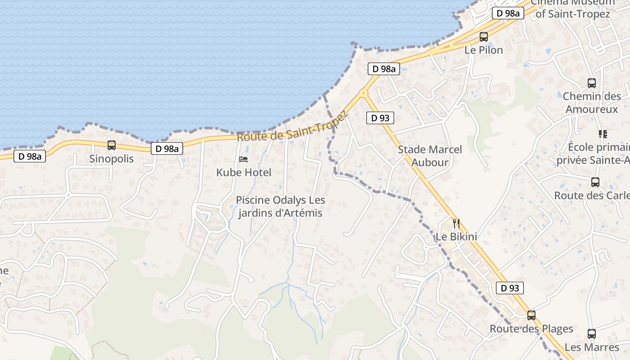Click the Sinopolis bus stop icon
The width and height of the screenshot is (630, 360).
[111, 145]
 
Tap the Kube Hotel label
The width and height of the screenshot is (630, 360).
[243, 172]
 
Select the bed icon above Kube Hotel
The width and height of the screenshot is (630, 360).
[243, 159]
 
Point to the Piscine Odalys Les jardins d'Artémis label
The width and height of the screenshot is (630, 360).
[280, 207]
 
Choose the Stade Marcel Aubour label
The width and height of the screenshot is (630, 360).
[430, 156]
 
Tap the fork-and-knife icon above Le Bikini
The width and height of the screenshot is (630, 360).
[456, 223]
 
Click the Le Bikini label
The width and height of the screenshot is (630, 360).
[456, 237]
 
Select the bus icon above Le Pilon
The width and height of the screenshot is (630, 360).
[484, 37]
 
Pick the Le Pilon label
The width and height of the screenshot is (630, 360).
[484, 50]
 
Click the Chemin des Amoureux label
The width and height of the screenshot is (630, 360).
[592, 103]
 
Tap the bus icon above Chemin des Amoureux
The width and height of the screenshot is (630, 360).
[592, 83]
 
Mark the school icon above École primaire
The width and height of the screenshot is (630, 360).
[603, 134]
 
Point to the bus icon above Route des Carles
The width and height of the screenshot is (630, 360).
[595, 182]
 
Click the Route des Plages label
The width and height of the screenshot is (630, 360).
[531, 329]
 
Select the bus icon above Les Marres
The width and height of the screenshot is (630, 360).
[592, 334]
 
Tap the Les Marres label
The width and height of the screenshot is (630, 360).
[592, 347]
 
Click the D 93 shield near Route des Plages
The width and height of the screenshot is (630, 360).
[510, 288]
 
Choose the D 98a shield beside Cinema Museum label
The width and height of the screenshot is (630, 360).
[508, 13]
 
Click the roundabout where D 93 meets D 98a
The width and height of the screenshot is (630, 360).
[364, 93]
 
